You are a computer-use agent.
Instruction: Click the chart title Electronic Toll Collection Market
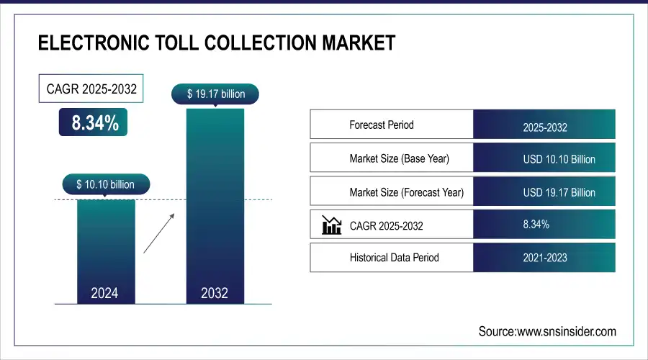216,43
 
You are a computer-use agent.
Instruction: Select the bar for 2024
105,245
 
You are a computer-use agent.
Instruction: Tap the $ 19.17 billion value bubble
215,93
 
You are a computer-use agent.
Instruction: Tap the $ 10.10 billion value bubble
105,184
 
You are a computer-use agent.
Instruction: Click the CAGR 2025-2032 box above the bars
87,90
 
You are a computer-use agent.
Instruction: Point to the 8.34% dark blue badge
94,123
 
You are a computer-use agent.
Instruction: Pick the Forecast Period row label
382,125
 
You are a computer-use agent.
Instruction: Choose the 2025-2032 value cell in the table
544,127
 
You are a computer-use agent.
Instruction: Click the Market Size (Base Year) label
399,158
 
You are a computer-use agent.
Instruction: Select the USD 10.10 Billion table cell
544,159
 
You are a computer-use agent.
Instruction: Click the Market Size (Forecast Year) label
406,192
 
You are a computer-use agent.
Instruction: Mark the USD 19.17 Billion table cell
544,192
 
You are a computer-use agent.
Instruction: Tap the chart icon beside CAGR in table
331,225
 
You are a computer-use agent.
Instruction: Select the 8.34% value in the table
536,225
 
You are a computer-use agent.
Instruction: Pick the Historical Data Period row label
394,257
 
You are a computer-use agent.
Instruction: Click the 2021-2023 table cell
544,258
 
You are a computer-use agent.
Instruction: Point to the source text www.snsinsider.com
547,331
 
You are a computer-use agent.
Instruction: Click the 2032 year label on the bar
215,293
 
